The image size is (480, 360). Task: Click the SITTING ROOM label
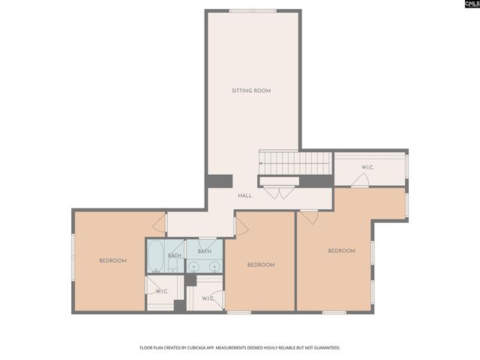[250, 91]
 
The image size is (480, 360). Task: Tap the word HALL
[244, 196]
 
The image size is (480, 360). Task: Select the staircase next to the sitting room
[295, 161]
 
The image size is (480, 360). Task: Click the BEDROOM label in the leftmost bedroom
[112, 260]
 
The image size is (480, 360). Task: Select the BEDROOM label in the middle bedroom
[261, 264]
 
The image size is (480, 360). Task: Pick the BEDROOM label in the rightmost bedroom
[341, 250]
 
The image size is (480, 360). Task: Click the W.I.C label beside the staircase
[367, 167]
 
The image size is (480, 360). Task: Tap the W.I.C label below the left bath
[161, 291]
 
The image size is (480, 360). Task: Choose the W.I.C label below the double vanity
[208, 298]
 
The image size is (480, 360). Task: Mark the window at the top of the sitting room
[250, 10]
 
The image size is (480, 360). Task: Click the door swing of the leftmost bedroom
[159, 223]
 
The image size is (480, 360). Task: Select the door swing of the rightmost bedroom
[308, 216]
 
